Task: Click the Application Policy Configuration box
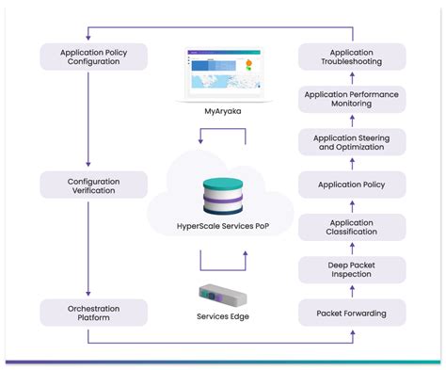(x=94, y=56)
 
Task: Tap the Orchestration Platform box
(x=94, y=312)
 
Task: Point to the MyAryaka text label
(x=222, y=111)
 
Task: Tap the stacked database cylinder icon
(x=222, y=193)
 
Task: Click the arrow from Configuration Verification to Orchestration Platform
(x=88, y=247)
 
